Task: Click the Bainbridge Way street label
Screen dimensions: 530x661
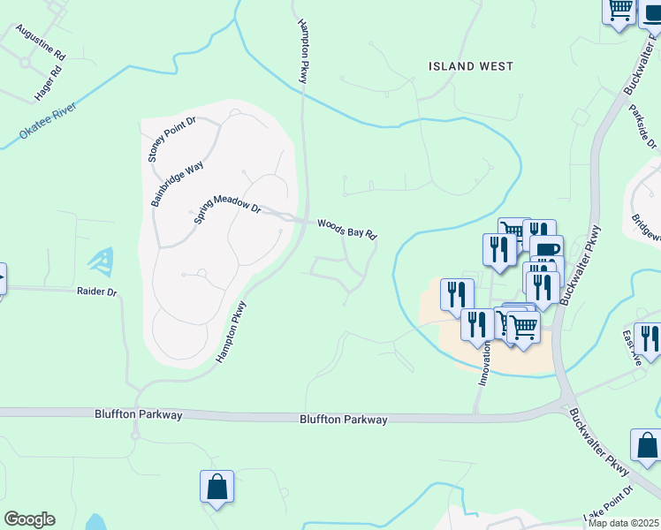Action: [177, 184]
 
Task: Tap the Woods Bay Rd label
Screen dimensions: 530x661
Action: [347, 231]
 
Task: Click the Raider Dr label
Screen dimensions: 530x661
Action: [96, 291]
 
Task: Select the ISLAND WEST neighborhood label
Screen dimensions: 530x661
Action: [470, 66]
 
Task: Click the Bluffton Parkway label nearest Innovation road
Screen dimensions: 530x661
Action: [343, 420]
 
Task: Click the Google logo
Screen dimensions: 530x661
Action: [29, 519]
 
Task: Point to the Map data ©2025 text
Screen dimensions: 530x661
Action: [623, 523]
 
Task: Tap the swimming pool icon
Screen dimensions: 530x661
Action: [99, 261]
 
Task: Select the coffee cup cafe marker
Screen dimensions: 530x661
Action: [546, 248]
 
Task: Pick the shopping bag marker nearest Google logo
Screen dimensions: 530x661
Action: [217, 487]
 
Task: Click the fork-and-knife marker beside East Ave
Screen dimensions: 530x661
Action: [648, 338]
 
